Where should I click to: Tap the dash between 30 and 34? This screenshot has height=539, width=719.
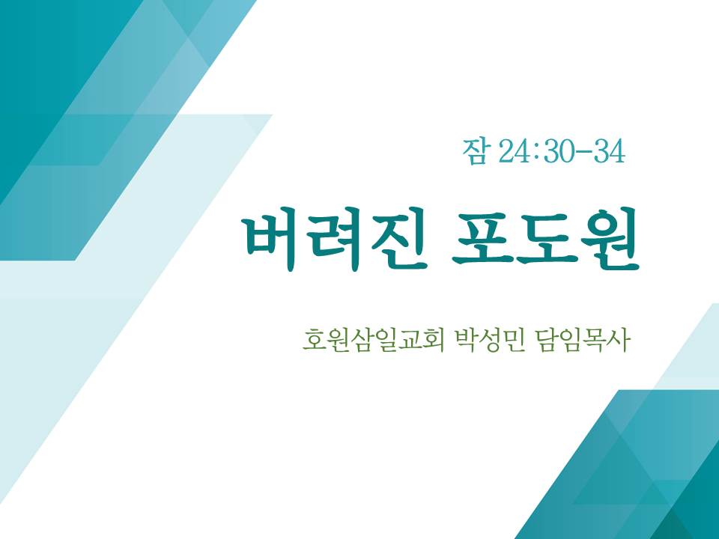click(583, 152)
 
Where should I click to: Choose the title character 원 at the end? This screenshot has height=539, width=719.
click(610, 240)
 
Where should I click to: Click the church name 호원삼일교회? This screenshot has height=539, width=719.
click(373, 341)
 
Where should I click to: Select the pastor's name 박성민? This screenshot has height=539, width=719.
click(488, 341)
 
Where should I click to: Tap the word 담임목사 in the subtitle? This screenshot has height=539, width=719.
click(581, 341)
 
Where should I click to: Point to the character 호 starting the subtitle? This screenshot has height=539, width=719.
click(314, 341)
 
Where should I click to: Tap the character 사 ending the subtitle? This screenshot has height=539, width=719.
click(618, 341)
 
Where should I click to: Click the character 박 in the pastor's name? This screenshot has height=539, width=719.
click(465, 341)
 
